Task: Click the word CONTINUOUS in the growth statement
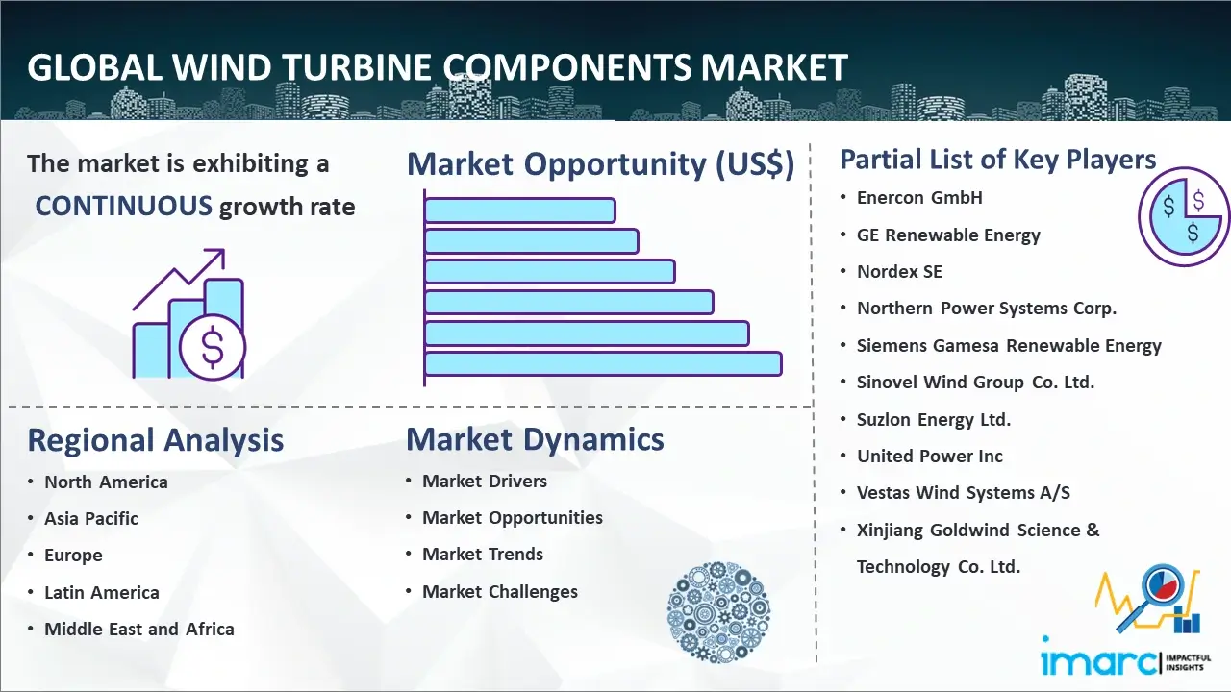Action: click(x=124, y=207)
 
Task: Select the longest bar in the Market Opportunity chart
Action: click(x=603, y=364)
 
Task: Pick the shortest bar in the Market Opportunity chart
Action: click(x=520, y=210)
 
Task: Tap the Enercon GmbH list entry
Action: click(x=919, y=198)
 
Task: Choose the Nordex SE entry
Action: click(x=899, y=271)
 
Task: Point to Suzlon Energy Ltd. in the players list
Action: click(x=934, y=420)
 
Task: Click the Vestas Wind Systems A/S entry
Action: click(x=964, y=493)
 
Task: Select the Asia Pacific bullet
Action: click(x=91, y=518)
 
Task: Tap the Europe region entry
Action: click(x=73, y=556)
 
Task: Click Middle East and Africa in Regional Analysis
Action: click(x=139, y=629)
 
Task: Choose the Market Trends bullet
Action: click(x=483, y=555)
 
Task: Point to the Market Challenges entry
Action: click(x=500, y=591)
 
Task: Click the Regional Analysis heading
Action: click(x=156, y=440)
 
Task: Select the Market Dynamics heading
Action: click(x=535, y=439)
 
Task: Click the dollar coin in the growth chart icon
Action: click(x=213, y=348)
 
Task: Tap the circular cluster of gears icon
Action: click(x=718, y=612)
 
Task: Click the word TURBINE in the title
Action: click(x=357, y=67)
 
